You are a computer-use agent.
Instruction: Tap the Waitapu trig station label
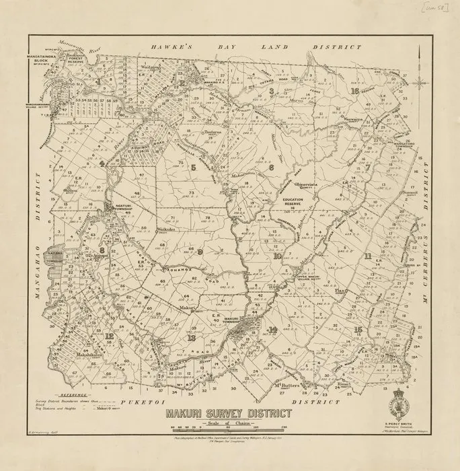pos(151,68)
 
